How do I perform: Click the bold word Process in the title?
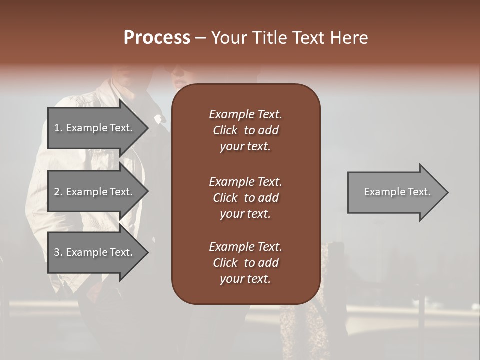pos(157,38)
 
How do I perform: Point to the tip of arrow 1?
pos(147,128)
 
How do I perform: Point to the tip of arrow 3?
pos(147,252)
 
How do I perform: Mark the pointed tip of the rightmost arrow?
pos(447,192)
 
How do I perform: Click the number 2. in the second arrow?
pos(58,192)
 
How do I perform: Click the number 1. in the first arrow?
pos(58,128)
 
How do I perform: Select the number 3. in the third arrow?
pos(58,252)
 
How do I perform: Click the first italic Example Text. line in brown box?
pos(245,114)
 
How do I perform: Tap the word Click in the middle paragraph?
pos(225,198)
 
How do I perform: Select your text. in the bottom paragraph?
pos(245,279)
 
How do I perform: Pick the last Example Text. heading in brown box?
pos(245,247)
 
